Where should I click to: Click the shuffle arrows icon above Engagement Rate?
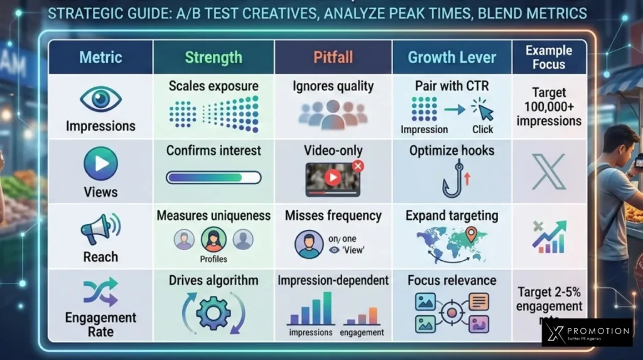[100, 292]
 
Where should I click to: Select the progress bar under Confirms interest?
[213, 178]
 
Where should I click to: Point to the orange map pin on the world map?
[471, 235]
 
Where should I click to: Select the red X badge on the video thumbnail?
[358, 166]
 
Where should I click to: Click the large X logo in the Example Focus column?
[549, 171]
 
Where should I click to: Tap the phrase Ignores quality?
[333, 86]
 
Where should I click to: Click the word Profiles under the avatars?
[213, 259]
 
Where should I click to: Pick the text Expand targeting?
[451, 215]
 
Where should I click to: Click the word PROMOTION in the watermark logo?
[596, 331]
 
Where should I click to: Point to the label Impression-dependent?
[333, 280]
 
